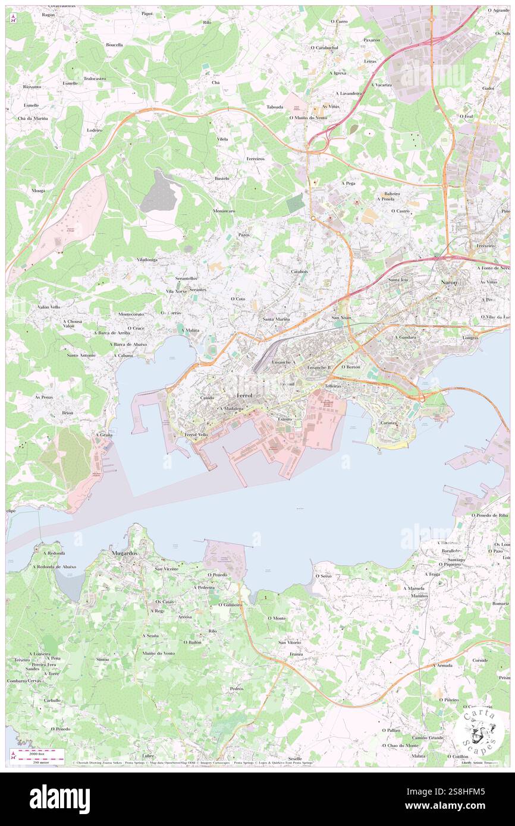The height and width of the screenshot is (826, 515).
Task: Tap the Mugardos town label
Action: tap(124, 553)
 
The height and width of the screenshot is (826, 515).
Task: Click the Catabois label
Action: tap(299, 272)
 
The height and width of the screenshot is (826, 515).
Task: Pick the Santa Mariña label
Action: tap(276, 319)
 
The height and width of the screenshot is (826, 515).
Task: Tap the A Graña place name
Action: tap(104, 435)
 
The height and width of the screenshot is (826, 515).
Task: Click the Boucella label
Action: tap(114, 45)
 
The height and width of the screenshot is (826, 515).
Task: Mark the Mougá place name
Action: tap(39, 190)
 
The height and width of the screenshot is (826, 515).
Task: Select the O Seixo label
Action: tap(323, 576)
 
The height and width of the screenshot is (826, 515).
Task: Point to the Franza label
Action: tap(296, 654)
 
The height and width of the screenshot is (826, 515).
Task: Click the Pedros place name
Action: tap(236, 688)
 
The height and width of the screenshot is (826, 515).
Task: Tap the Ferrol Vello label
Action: tap(196, 435)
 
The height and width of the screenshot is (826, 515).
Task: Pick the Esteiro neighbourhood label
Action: tap(285, 419)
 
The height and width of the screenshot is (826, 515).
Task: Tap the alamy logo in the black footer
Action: tap(59, 799)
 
